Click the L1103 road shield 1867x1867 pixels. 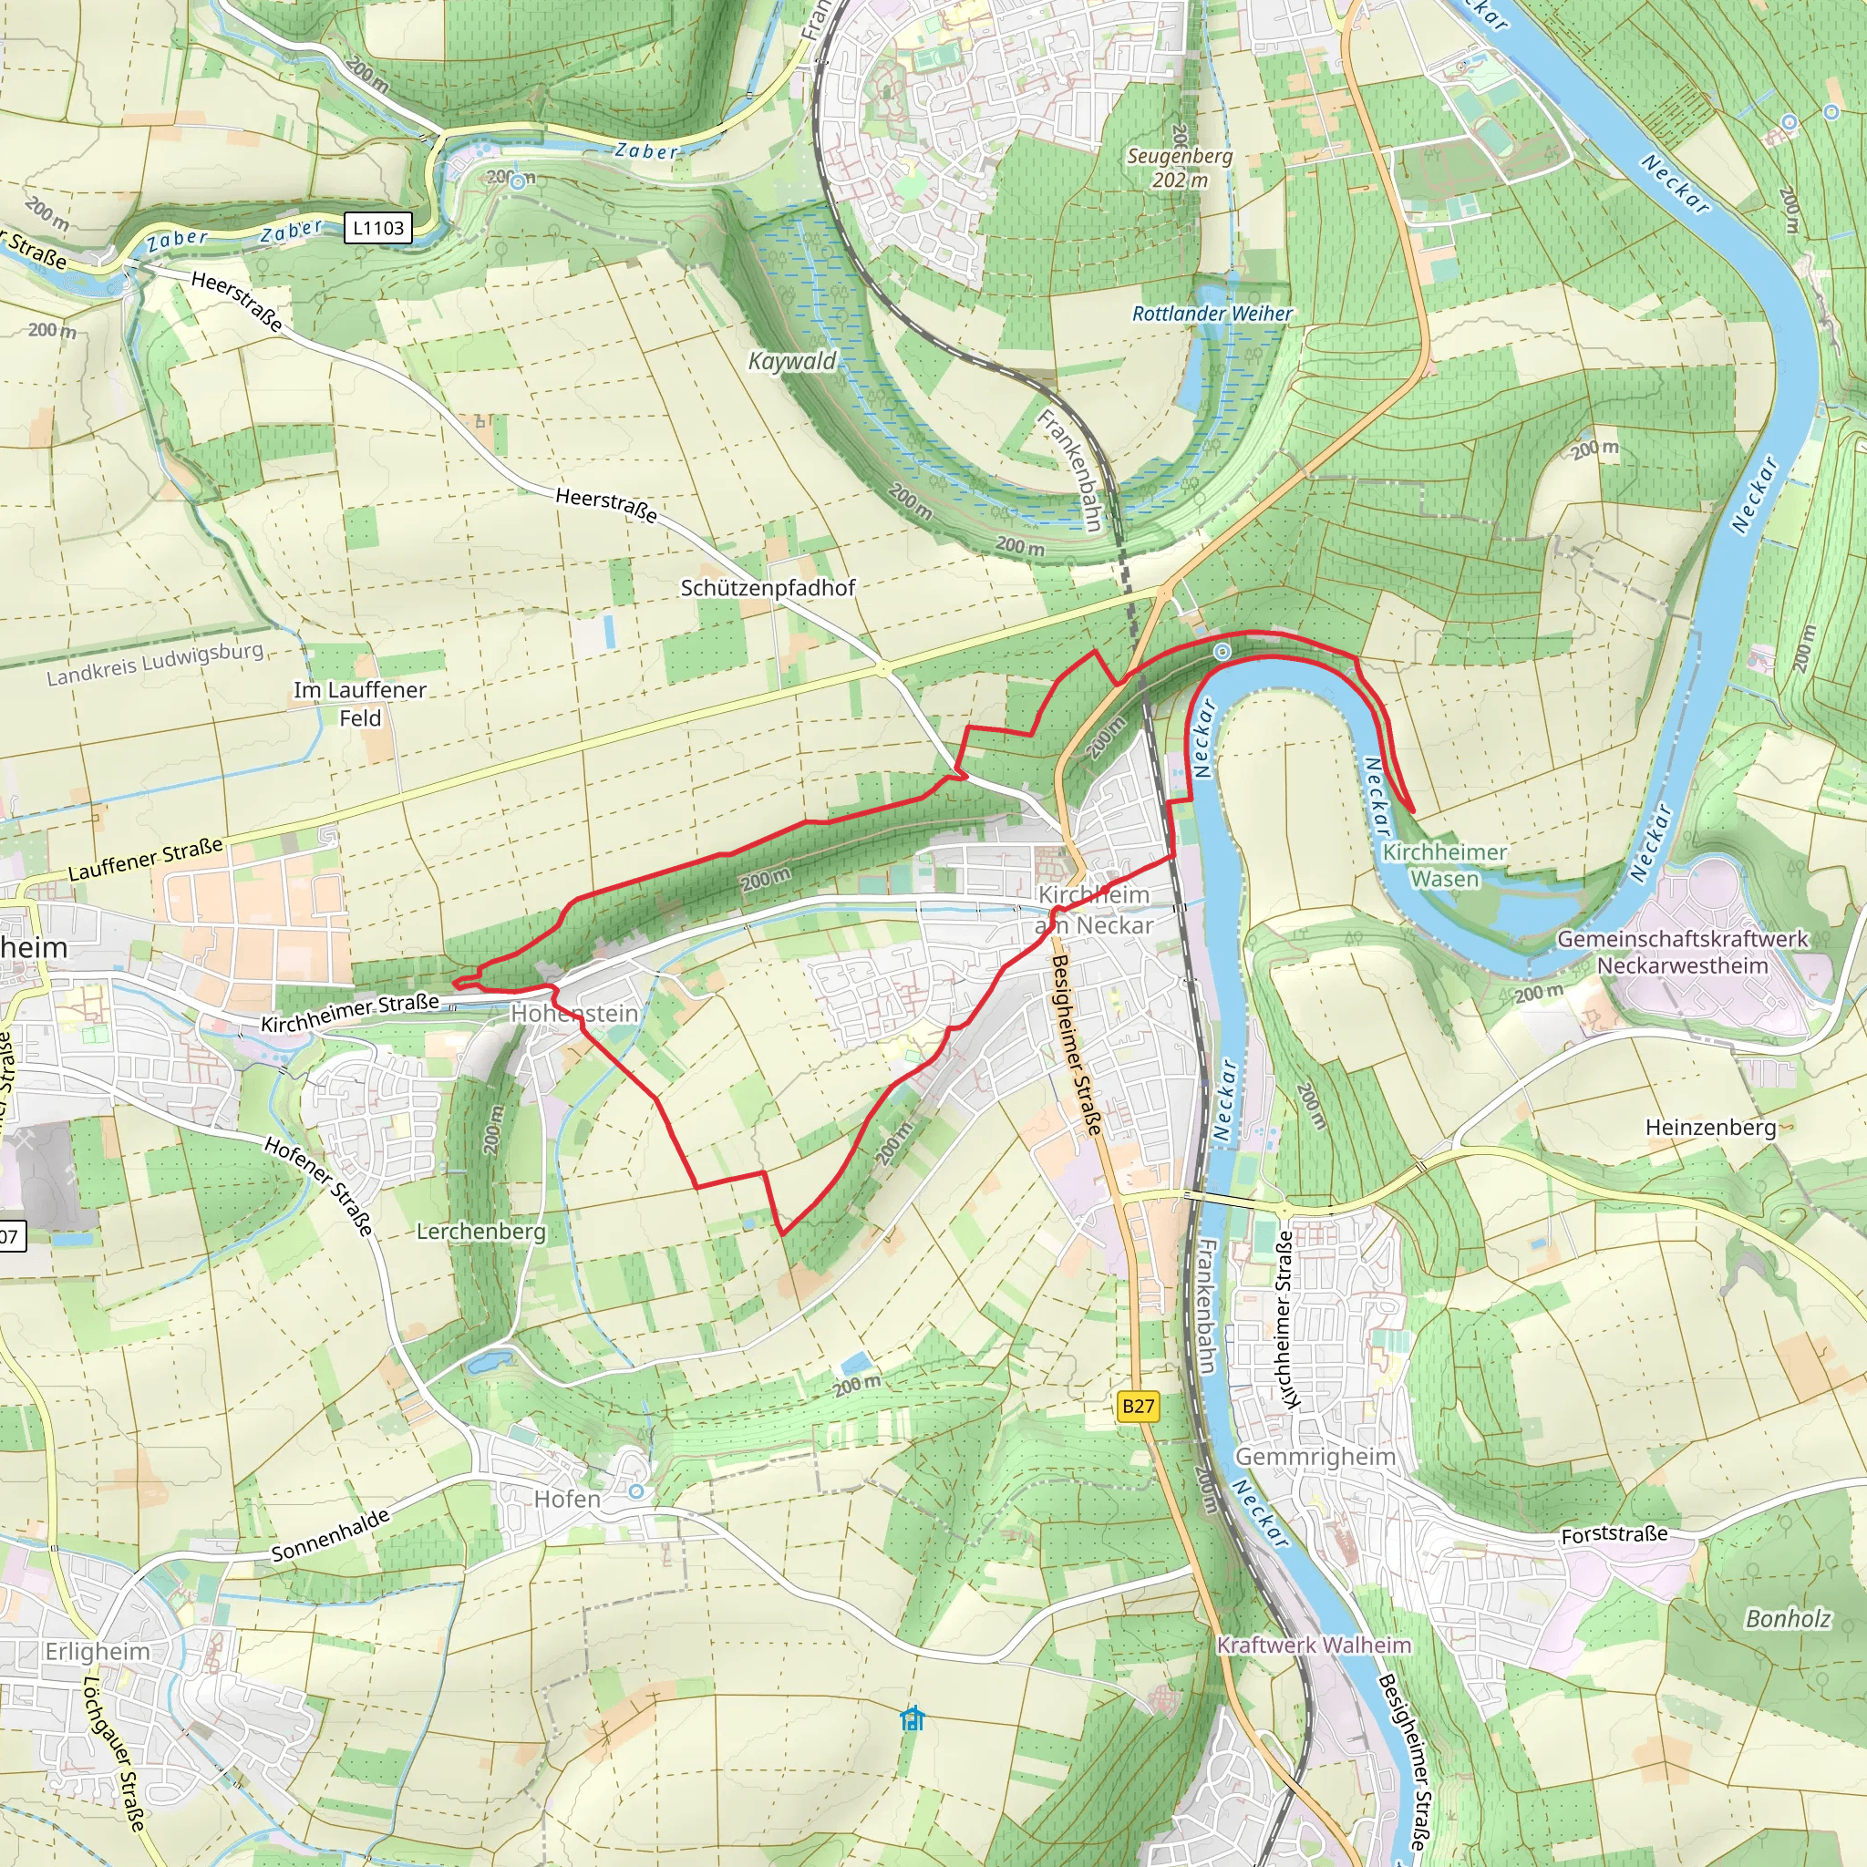(377, 228)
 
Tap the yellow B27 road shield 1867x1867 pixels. (1138, 1405)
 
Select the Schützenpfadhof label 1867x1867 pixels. (768, 588)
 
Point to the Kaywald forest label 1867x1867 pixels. (792, 361)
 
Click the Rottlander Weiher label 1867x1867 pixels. (1212, 315)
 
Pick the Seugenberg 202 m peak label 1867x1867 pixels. (1180, 167)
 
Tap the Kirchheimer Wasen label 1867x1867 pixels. (1444, 865)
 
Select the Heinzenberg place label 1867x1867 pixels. (1709, 1127)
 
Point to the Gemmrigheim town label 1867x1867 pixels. (1315, 1456)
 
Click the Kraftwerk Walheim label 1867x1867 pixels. (1314, 1645)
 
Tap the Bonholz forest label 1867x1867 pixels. (1787, 1619)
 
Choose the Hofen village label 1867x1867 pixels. (567, 1499)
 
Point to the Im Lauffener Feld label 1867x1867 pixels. (360, 704)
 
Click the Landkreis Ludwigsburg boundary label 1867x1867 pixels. (155, 663)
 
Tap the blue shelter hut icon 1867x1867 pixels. (913, 1718)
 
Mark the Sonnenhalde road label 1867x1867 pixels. (331, 1534)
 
